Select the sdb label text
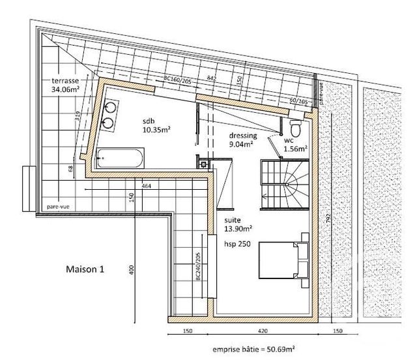(x=149, y=121)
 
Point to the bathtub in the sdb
(x=121, y=157)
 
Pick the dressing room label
(x=243, y=136)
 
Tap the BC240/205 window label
(x=197, y=267)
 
